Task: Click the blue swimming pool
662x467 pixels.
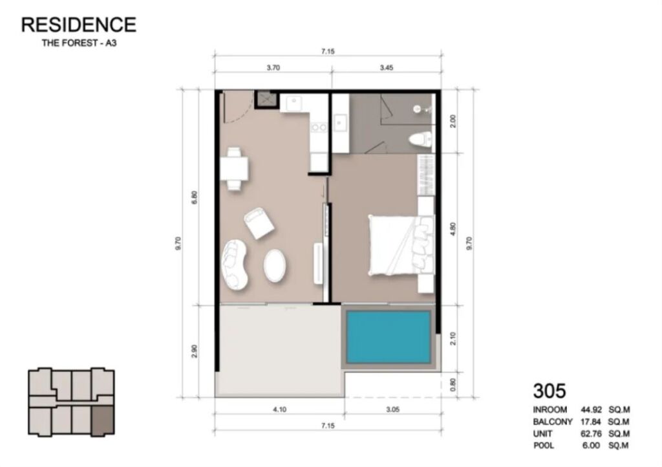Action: pyautogui.click(x=388, y=338)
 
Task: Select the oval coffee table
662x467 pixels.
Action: pyautogui.click(x=274, y=266)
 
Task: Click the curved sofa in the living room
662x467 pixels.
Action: pyautogui.click(x=235, y=265)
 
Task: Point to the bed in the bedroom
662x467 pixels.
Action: pyautogui.click(x=401, y=245)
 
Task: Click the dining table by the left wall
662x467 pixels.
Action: pyautogui.click(x=234, y=168)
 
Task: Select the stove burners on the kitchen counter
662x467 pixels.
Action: pyautogui.click(x=318, y=127)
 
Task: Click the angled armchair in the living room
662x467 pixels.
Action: pyautogui.click(x=259, y=223)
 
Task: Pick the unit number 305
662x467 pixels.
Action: pyautogui.click(x=549, y=391)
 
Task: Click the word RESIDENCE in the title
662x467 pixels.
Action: pyautogui.click(x=79, y=25)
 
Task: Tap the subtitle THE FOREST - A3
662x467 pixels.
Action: pyautogui.click(x=79, y=43)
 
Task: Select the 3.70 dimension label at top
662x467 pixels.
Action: pyautogui.click(x=273, y=67)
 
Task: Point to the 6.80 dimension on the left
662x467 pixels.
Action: pyautogui.click(x=194, y=198)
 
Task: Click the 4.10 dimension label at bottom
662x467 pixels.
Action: pyautogui.click(x=279, y=409)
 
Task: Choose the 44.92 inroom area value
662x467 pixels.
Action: pyautogui.click(x=591, y=409)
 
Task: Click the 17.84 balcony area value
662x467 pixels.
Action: pyautogui.click(x=591, y=422)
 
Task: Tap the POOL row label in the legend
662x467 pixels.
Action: pyautogui.click(x=543, y=446)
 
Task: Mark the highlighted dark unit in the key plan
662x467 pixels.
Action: pyautogui.click(x=103, y=420)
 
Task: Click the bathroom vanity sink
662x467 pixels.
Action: pyautogui.click(x=339, y=124)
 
